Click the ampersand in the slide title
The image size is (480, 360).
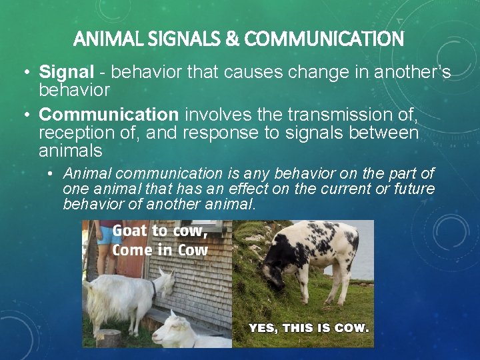(x=233, y=39)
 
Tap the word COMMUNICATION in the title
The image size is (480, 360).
(x=323, y=39)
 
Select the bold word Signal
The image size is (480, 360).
(x=61, y=72)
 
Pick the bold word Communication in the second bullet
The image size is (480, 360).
(x=109, y=117)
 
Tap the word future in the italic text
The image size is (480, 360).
(x=413, y=189)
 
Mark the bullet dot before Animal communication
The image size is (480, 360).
(x=51, y=174)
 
